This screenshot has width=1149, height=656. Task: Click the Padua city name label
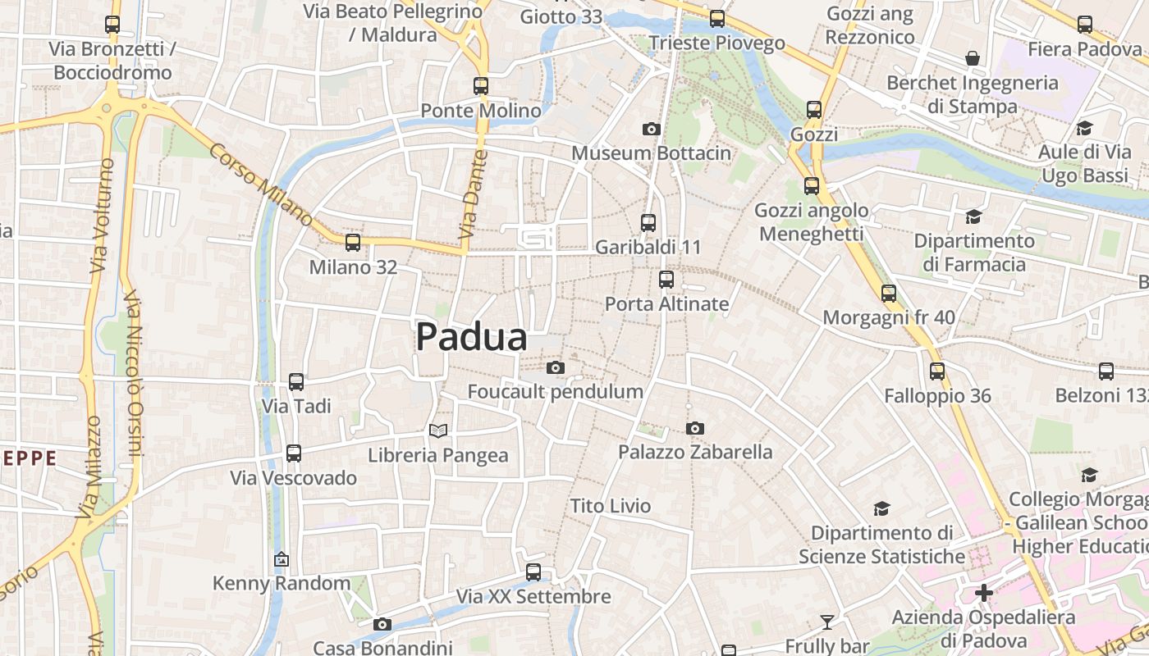[471, 337]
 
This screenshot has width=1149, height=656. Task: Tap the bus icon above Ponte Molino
[481, 85]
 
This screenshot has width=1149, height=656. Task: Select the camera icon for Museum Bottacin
[651, 129]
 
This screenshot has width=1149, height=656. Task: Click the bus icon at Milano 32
[353, 242]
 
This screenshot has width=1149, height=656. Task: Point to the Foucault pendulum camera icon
[556, 367]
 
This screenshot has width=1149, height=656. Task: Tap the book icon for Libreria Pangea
[438, 430]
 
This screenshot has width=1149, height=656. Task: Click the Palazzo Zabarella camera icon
[695, 428]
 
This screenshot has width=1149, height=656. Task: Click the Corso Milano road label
[260, 185]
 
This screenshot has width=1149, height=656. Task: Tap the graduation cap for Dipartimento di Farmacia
[973, 216]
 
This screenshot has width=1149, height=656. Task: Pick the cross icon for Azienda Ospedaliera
[984, 592]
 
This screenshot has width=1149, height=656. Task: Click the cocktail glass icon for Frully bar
[826, 622]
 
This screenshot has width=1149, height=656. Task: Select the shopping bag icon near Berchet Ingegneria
[973, 58]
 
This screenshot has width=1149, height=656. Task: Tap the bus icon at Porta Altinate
[666, 280]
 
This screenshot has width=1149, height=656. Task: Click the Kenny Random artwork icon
[282, 559]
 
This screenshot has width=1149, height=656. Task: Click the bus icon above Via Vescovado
[294, 453]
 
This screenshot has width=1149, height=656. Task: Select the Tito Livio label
[611, 506]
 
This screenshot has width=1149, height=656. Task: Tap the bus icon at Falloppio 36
[937, 371]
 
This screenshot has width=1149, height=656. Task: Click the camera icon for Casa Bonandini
[382, 625]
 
